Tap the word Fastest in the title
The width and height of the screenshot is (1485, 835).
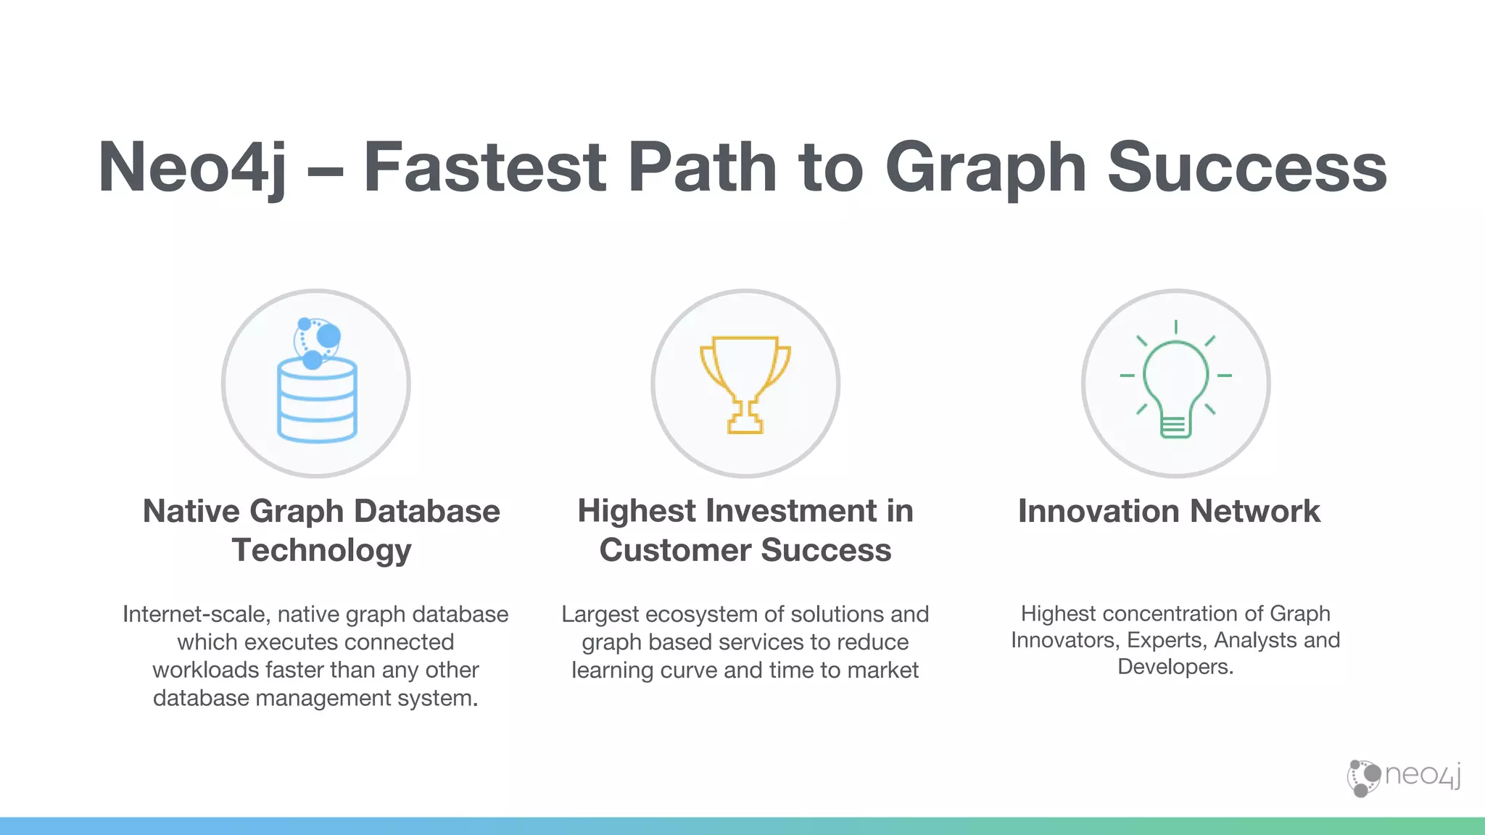pyautogui.click(x=484, y=168)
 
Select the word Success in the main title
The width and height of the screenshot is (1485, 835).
pyautogui.click(x=1246, y=168)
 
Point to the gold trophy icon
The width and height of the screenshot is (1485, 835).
pyautogui.click(x=745, y=383)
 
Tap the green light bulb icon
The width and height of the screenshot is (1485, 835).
pyautogui.click(x=1175, y=384)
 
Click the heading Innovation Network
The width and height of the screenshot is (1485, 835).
pyautogui.click(x=1169, y=511)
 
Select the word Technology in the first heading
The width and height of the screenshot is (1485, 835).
pyautogui.click(x=321, y=550)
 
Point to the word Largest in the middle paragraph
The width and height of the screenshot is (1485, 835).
pyautogui.click(x=600, y=615)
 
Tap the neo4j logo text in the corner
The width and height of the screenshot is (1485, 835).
pyautogui.click(x=1422, y=776)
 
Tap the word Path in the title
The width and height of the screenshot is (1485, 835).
pyautogui.click(x=702, y=168)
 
